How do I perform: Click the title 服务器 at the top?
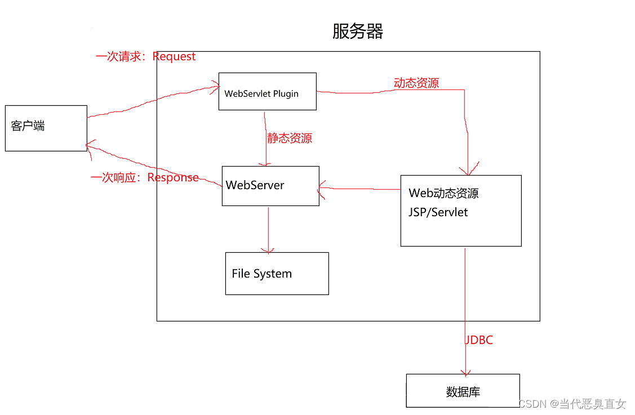pos(358,31)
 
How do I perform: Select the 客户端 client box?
pos(46,128)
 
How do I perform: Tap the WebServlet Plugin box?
pos(267,91)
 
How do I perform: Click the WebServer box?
pos(270,186)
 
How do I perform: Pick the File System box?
pos(277,274)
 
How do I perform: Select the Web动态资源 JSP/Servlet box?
pos(461,211)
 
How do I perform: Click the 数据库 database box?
pos(463,391)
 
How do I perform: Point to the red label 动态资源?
pos(416,83)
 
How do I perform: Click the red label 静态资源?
pos(290,138)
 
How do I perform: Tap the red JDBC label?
pos(479,340)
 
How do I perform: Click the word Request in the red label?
pos(174,56)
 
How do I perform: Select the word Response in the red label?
pos(173,177)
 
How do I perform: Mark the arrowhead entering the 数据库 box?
pos(465,372)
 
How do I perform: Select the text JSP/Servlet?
pos(438,212)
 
